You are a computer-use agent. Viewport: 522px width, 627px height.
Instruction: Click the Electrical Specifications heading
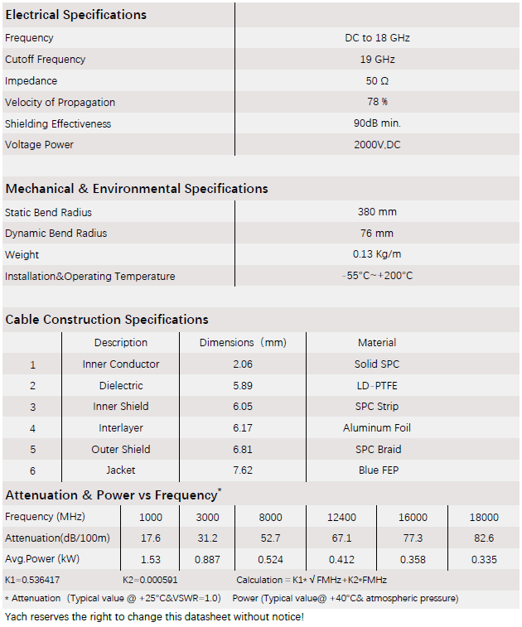click(75, 15)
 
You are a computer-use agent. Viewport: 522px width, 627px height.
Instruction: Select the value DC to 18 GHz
click(377, 38)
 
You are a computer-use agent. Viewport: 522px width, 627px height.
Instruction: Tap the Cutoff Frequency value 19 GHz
click(377, 60)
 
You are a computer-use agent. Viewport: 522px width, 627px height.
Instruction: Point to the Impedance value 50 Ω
click(377, 81)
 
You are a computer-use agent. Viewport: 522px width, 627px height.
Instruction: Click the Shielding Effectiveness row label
click(58, 124)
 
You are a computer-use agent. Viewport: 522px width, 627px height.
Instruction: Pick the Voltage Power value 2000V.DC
click(377, 145)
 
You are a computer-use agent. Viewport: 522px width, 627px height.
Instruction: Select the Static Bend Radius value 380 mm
click(377, 212)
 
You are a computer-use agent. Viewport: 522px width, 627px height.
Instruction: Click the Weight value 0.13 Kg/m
click(377, 255)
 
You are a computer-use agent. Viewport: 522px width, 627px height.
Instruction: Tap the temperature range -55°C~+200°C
click(377, 276)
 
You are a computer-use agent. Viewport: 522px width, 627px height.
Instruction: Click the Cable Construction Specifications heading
click(107, 320)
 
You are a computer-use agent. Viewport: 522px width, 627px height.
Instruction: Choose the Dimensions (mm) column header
click(243, 343)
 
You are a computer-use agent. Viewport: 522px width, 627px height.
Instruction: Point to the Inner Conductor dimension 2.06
click(243, 364)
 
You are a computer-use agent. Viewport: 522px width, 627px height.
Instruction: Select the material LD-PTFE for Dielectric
click(377, 386)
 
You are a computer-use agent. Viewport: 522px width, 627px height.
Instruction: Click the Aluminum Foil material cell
click(377, 428)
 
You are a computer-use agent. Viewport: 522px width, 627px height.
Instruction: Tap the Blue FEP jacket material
click(377, 470)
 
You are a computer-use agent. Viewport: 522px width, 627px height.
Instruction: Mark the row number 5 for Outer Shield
click(33, 450)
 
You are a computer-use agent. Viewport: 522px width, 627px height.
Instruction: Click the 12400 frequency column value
click(341, 518)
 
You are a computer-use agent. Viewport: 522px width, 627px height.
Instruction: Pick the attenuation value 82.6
click(484, 538)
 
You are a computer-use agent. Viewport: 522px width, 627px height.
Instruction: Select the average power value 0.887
click(207, 560)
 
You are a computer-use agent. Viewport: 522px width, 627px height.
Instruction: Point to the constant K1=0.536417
click(31, 581)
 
